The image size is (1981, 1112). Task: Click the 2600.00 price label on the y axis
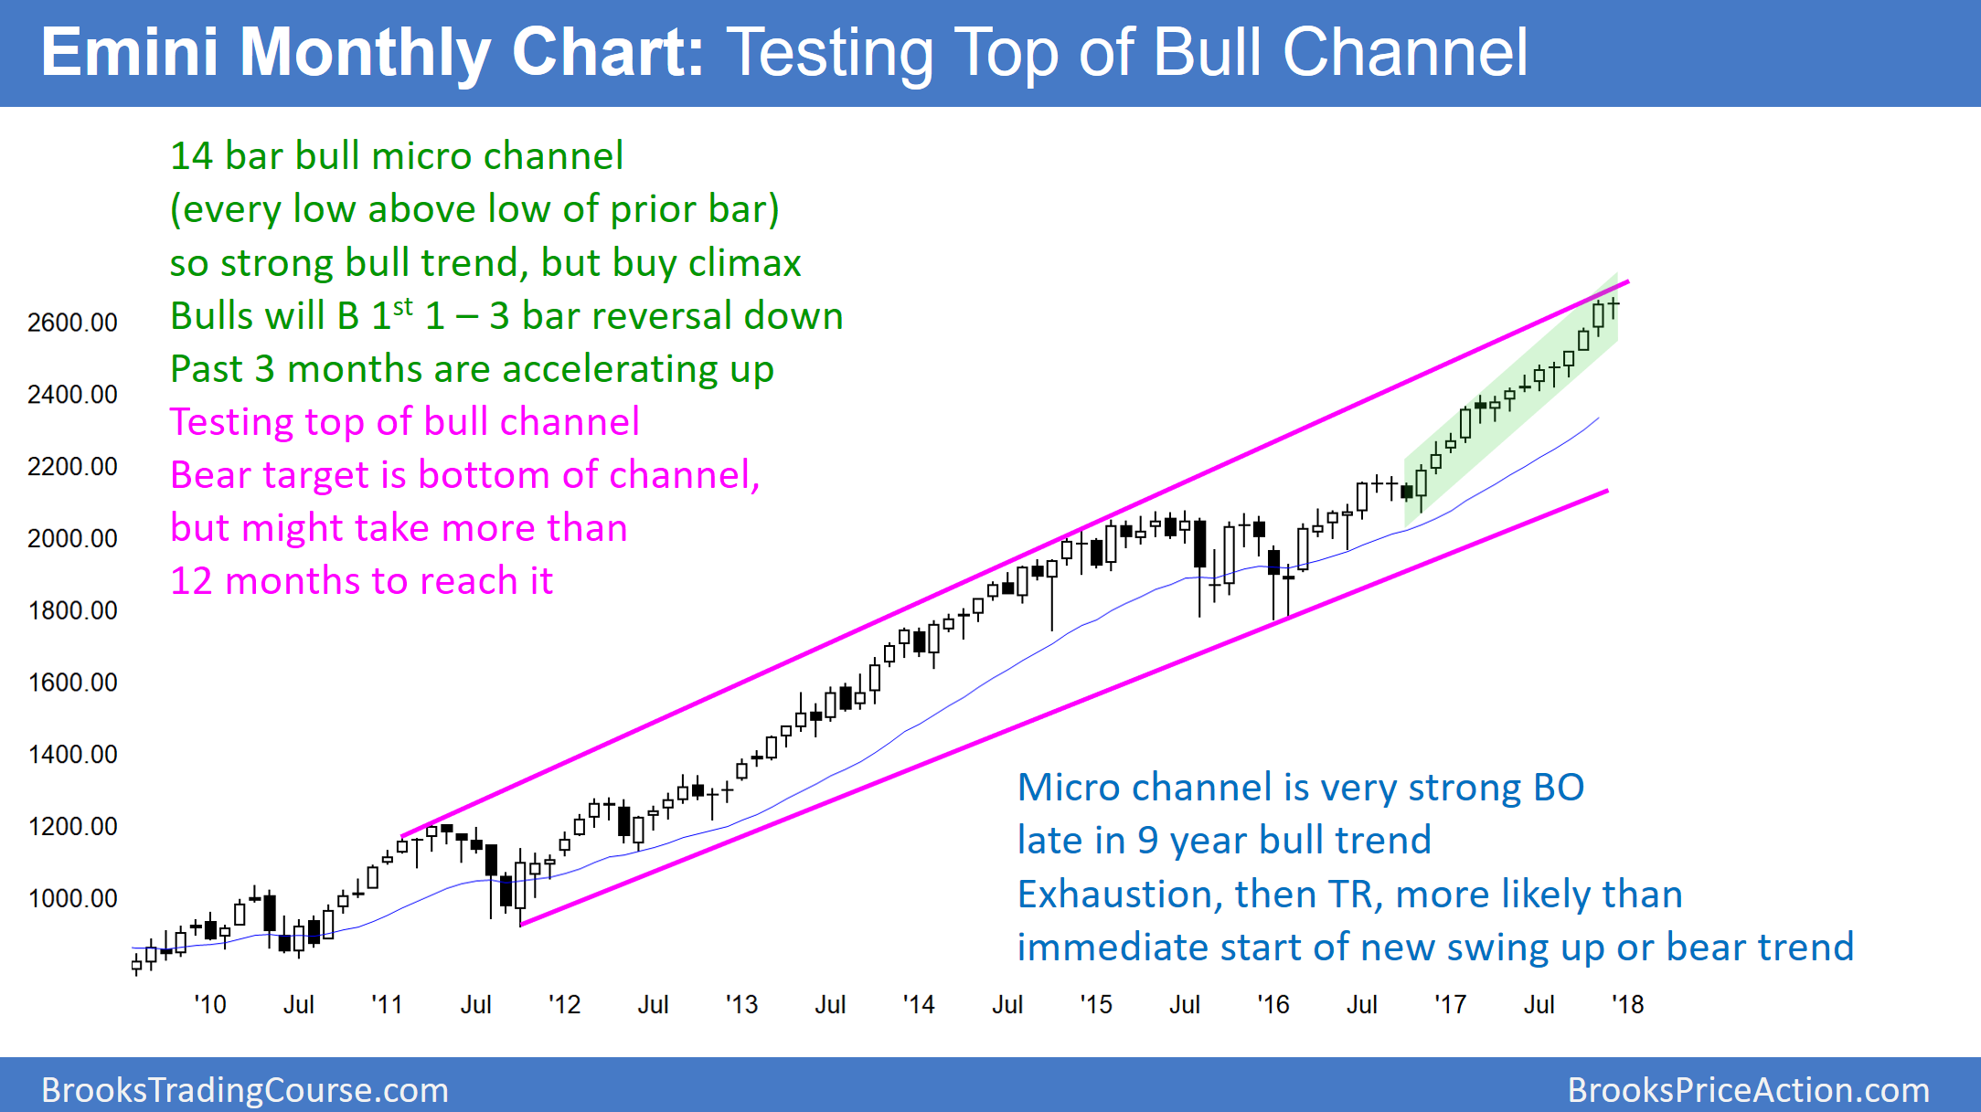pyautogui.click(x=72, y=323)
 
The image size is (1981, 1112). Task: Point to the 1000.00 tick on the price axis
pyautogui.click(x=72, y=898)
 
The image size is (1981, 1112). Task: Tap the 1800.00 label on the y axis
pyautogui.click(x=72, y=610)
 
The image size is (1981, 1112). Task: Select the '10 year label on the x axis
pyautogui.click(x=210, y=1004)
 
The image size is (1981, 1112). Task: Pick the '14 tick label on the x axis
pyautogui.click(x=919, y=1004)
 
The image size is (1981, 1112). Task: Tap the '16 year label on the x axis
pyautogui.click(x=1273, y=1004)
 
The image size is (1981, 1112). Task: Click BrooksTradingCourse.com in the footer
pyautogui.click(x=245, y=1090)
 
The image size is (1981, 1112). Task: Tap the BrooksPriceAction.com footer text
pyautogui.click(x=1748, y=1090)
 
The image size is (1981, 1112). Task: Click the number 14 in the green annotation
pyautogui.click(x=191, y=156)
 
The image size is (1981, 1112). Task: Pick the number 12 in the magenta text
pyautogui.click(x=191, y=581)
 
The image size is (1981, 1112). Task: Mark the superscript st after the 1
pyautogui.click(x=403, y=304)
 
